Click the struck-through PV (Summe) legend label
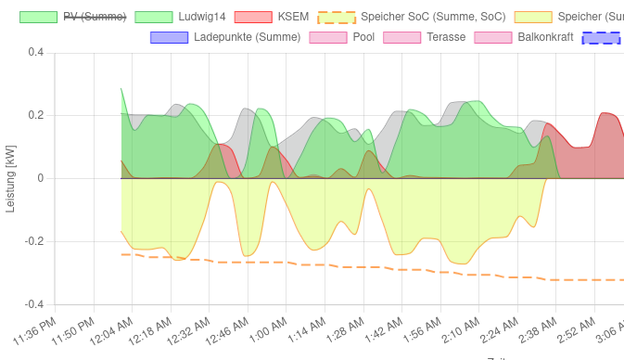click(x=95, y=17)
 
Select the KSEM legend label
click(x=293, y=17)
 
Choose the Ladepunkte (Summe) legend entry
click(x=247, y=37)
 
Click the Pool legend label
click(x=363, y=37)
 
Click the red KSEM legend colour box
click(x=252, y=17)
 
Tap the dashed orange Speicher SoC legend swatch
click(x=336, y=17)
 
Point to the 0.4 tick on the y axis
click(x=35, y=53)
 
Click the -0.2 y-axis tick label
click(x=33, y=241)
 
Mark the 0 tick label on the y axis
click(x=40, y=178)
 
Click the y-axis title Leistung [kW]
click(x=10, y=178)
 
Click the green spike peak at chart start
click(x=121, y=89)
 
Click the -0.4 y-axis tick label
click(x=33, y=304)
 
